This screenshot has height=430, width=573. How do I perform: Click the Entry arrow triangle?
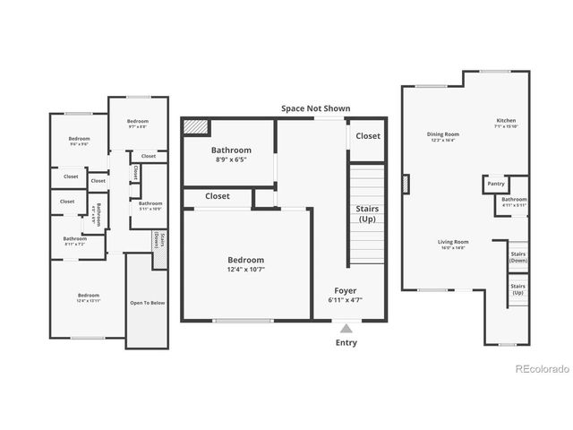point(346,329)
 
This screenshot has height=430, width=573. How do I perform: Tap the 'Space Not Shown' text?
point(315,108)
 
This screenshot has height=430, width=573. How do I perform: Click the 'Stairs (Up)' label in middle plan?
point(366,213)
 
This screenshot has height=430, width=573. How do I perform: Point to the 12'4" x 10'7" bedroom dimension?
point(245,269)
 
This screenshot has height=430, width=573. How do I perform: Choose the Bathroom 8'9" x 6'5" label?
point(230,154)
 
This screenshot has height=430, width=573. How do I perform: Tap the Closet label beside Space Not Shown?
point(367,136)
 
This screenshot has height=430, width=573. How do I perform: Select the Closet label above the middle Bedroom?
point(217,195)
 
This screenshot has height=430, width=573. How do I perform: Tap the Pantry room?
point(495,184)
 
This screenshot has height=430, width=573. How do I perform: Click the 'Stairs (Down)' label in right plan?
point(517,256)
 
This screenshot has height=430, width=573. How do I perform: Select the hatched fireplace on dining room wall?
point(406,185)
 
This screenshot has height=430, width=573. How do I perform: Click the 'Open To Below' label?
point(148,303)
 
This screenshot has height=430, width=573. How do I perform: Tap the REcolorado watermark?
point(539,369)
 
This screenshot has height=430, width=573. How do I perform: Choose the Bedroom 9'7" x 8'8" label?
point(137,123)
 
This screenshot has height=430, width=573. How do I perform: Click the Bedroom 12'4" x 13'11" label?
point(88,297)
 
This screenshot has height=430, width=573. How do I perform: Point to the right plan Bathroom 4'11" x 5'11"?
point(514,201)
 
